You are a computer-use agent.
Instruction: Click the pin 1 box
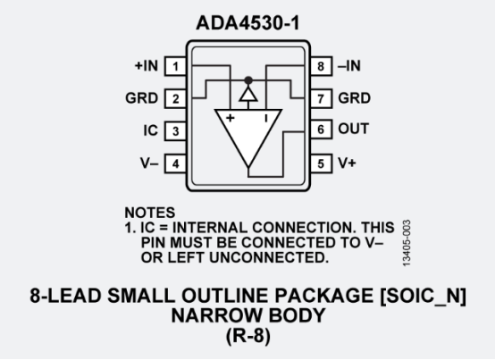click(175, 66)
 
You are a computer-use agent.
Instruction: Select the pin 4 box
click(175, 163)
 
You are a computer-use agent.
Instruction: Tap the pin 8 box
click(321, 66)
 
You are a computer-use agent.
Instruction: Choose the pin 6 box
click(321, 129)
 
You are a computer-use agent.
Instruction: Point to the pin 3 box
click(175, 131)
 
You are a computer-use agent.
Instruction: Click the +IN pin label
click(147, 65)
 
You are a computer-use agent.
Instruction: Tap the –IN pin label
click(349, 65)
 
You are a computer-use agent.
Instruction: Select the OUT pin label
click(353, 129)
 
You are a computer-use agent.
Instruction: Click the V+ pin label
click(347, 163)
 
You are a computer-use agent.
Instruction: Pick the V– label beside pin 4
click(149, 163)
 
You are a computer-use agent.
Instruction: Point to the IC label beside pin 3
click(151, 130)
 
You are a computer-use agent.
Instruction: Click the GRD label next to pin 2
click(142, 98)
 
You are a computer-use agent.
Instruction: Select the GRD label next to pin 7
click(354, 98)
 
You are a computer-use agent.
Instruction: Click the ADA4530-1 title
click(247, 23)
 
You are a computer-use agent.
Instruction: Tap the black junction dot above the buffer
click(248, 80)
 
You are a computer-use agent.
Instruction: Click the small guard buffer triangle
click(248, 95)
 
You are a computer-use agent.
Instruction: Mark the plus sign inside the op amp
click(231, 118)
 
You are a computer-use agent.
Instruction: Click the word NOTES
click(150, 213)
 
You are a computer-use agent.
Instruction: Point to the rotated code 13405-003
click(407, 243)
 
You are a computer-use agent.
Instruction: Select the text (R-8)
click(248, 335)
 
